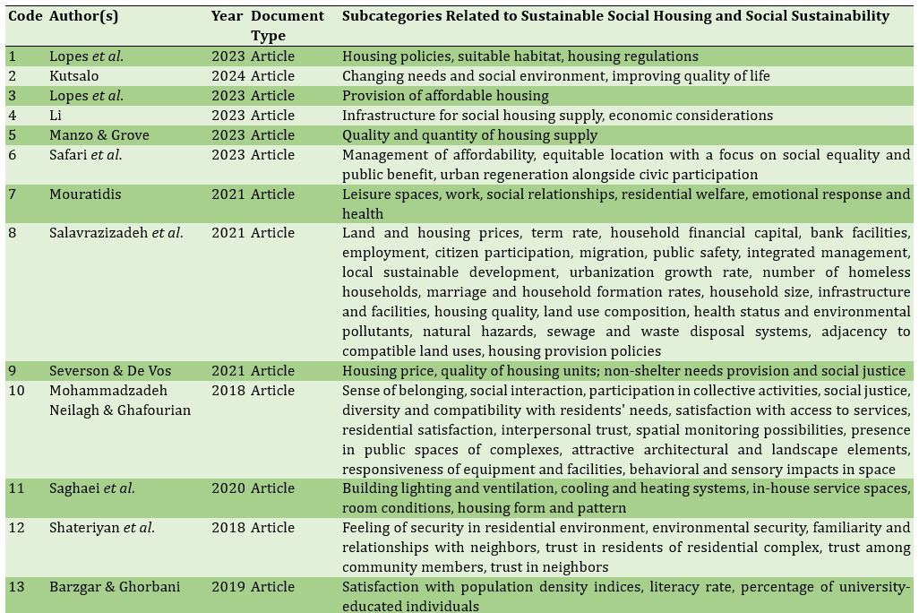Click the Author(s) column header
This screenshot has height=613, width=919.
83,16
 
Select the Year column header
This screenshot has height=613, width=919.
227,16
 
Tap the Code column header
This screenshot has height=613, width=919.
25,16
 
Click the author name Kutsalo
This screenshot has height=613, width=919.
75,76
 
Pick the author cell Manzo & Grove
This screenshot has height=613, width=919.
99,135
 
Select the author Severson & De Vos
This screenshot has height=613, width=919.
109,371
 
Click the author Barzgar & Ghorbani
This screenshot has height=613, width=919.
115,587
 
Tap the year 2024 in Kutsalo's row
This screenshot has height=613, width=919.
228,76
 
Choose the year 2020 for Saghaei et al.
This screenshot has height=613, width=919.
228,488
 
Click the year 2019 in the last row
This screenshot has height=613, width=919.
228,587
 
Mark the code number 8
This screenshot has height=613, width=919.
13,233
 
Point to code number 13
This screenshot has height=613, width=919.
16,587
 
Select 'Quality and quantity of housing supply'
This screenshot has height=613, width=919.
469,135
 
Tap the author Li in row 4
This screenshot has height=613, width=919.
56,116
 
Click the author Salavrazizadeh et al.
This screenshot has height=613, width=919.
116,233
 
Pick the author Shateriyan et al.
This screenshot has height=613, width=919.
102,528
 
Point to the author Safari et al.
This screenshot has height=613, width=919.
85,155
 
